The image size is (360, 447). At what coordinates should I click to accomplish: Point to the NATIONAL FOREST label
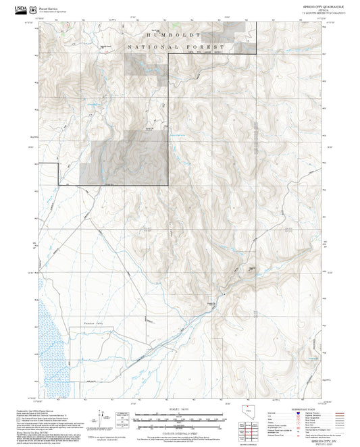pyautogui.click(x=175, y=47)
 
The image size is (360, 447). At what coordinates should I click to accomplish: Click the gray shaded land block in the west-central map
pyautogui.click(x=124, y=159)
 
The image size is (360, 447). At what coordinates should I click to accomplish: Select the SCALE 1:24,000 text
pyautogui.click(x=179, y=409)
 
